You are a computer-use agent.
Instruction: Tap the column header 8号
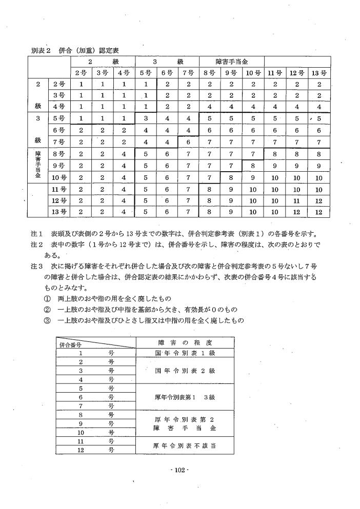coord(209,73)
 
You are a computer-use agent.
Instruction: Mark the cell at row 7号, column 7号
coord(188,142)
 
